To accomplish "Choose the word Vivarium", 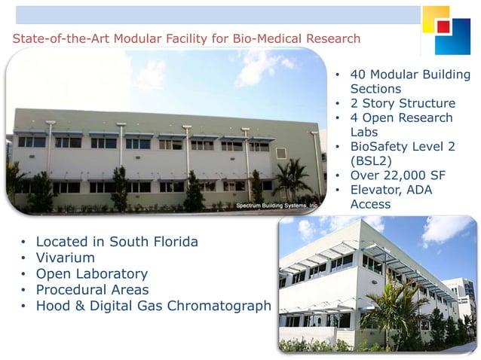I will [66, 258].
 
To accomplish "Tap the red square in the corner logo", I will [443, 26].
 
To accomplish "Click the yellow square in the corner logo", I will [434, 17].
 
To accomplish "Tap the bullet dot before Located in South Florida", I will [23, 243].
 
